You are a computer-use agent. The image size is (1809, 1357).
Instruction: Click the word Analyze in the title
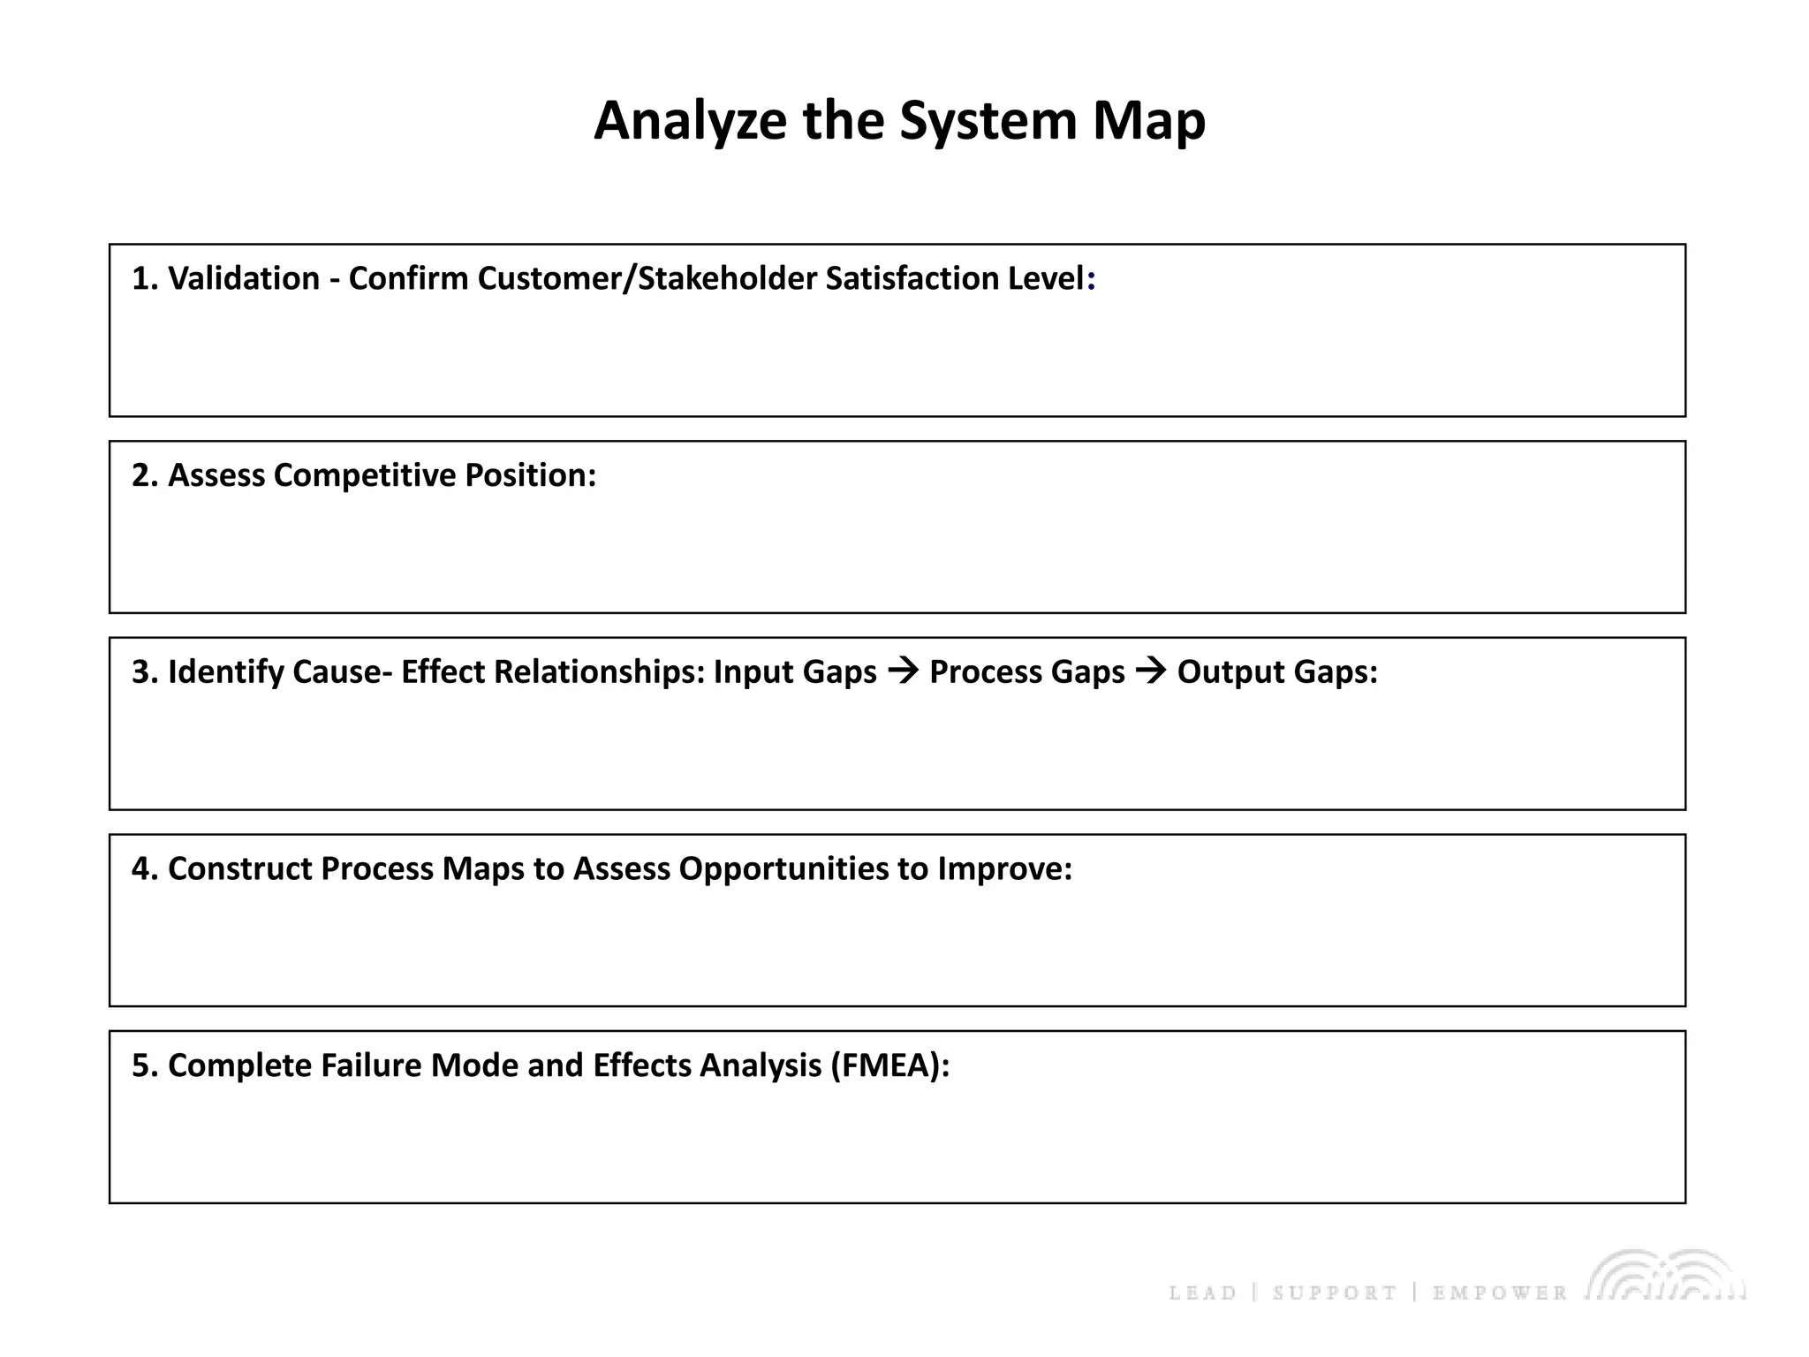point(690,121)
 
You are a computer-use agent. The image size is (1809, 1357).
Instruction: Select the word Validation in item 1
point(244,278)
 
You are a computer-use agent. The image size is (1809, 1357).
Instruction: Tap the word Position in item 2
point(530,475)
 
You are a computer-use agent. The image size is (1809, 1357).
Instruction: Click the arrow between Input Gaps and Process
point(903,672)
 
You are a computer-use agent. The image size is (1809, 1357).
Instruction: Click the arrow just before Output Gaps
point(1151,672)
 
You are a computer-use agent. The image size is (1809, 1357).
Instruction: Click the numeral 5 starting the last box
point(140,1065)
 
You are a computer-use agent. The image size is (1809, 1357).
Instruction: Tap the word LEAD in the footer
point(1202,1293)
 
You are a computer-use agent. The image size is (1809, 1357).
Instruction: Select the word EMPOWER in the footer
point(1499,1293)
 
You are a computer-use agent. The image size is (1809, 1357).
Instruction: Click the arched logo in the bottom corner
point(1666,1277)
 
